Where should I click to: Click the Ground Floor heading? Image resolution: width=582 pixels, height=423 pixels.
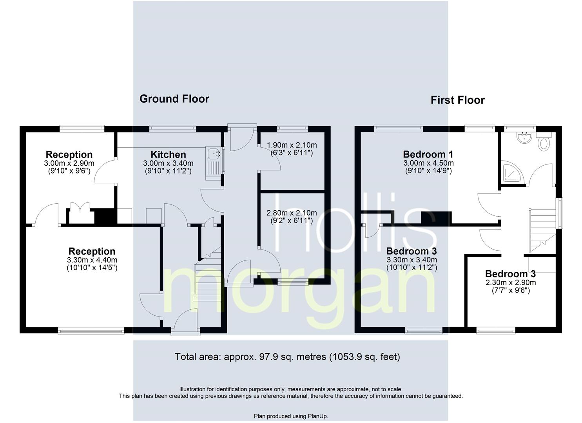174,99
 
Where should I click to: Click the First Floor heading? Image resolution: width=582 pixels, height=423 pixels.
457,100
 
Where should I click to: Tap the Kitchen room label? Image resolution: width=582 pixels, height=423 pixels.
169,154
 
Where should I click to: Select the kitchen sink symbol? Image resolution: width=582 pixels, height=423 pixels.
215,163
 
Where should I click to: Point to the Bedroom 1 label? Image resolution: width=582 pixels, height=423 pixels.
428,154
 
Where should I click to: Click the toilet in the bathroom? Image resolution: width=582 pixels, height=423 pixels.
544,141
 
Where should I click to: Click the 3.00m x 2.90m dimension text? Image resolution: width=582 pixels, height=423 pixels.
69,163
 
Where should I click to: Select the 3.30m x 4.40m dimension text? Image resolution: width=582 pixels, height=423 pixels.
92,260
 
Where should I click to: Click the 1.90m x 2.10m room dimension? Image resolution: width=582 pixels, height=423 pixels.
292,145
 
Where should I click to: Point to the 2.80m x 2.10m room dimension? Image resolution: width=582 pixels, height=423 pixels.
292,213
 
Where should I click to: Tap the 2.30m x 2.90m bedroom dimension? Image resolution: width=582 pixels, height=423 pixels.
511,282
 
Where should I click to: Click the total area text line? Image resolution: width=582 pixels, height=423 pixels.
287,357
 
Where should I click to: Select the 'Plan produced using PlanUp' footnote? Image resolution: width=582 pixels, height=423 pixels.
291,416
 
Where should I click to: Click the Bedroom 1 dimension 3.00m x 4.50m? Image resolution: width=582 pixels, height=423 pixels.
428,163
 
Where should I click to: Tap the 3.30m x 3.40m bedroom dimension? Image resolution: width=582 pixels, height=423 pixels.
412,260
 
